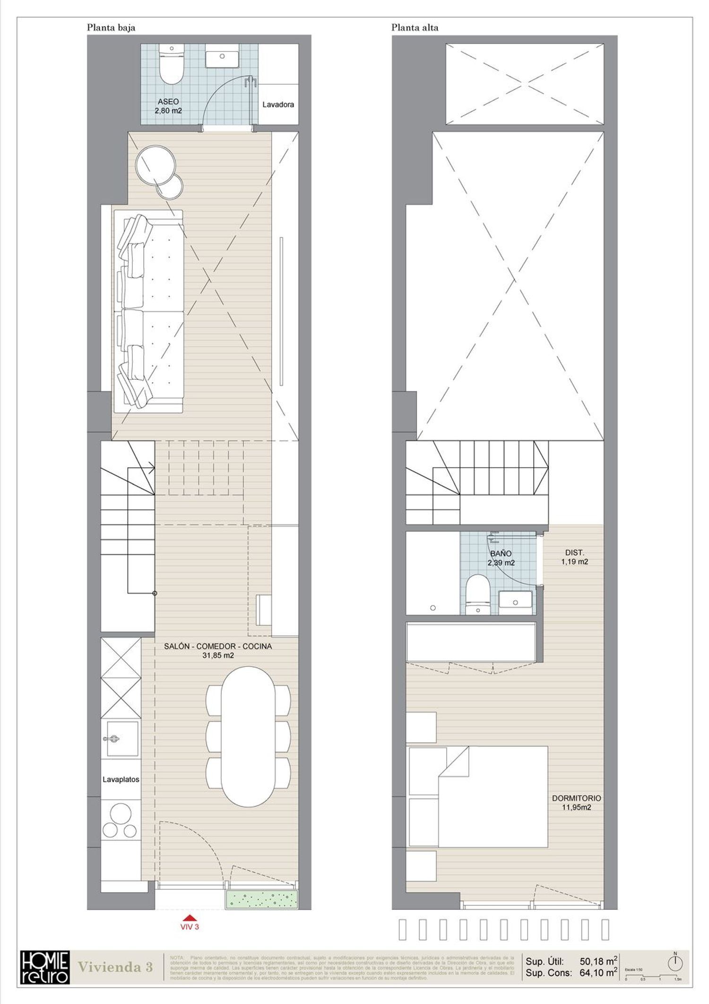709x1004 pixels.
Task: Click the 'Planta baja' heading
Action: (111, 27)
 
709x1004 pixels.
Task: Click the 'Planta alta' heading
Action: (415, 27)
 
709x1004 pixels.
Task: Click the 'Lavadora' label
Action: (278, 105)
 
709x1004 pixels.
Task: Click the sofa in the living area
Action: (148, 312)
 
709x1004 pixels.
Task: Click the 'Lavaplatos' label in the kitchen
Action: (121, 779)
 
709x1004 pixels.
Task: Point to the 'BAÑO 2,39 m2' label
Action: (501, 558)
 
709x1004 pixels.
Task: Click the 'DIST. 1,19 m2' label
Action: (575, 557)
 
